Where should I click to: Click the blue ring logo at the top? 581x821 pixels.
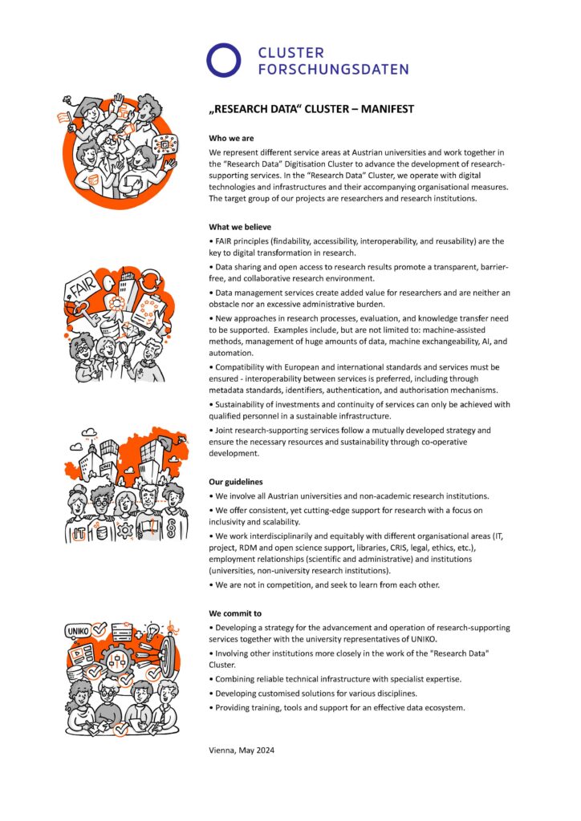pyautogui.click(x=224, y=59)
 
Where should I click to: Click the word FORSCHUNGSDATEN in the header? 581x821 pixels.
pyautogui.click(x=333, y=69)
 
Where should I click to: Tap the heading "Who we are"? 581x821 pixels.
pyautogui.click(x=231, y=139)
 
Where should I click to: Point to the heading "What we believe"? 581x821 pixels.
pyautogui.click(x=240, y=227)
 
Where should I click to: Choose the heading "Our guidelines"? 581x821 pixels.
pyautogui.click(x=235, y=482)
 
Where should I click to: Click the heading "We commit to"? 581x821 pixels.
pyautogui.click(x=234, y=613)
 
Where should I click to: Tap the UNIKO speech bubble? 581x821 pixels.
pyautogui.click(x=79, y=631)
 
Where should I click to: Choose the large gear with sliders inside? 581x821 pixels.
pyautogui.click(x=117, y=661)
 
